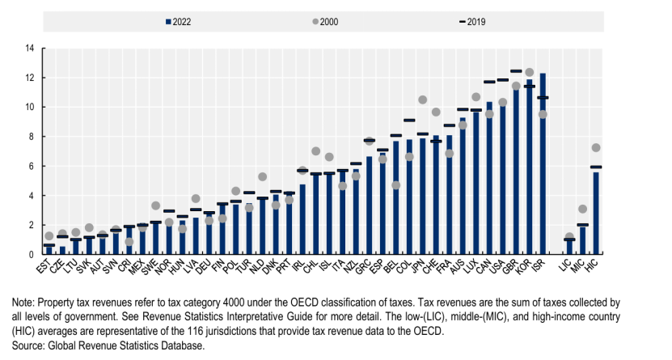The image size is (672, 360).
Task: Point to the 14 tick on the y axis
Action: (x=29, y=49)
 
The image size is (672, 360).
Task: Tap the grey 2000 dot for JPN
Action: (x=422, y=100)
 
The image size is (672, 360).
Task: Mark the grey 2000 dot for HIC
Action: (x=596, y=147)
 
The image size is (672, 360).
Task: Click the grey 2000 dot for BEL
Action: (x=396, y=185)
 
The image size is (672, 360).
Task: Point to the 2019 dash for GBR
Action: (x=516, y=71)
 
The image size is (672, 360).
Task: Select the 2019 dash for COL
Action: (x=409, y=120)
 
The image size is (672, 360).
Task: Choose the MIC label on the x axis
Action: (x=580, y=265)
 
